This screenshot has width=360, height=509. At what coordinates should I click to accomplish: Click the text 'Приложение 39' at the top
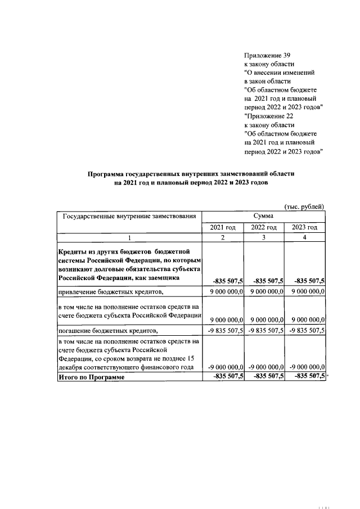pos(267,55)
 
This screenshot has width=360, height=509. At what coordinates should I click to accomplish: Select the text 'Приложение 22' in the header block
pos(267,116)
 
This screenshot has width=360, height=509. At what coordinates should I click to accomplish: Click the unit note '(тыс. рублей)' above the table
pos(304,206)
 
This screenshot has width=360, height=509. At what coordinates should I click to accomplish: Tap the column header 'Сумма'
pos(263,216)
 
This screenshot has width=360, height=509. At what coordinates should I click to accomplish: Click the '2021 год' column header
pos(222,227)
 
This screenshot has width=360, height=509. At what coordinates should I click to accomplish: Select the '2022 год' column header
pos(264,227)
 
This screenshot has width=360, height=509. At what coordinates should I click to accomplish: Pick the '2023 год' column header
pos(305,227)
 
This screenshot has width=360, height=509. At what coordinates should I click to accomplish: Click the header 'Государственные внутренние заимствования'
pos(129,216)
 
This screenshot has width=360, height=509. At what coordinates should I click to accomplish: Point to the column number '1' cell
pos(129,238)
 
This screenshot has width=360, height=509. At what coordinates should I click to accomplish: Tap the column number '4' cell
pos(305,238)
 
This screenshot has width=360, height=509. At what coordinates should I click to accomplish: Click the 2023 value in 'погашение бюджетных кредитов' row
pos(305,330)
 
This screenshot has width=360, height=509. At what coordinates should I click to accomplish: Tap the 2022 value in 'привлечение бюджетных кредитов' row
pos(264,291)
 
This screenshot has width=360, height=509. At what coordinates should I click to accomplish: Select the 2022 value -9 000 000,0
pos(264,367)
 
